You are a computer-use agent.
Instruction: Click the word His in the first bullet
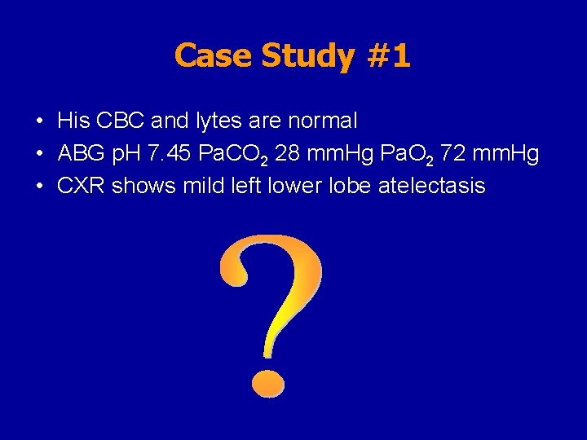[73, 121]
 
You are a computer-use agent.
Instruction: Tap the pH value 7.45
[166, 154]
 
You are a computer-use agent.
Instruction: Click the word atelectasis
[432, 187]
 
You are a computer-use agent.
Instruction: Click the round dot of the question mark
[267, 382]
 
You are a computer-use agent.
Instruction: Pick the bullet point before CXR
[39, 187]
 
